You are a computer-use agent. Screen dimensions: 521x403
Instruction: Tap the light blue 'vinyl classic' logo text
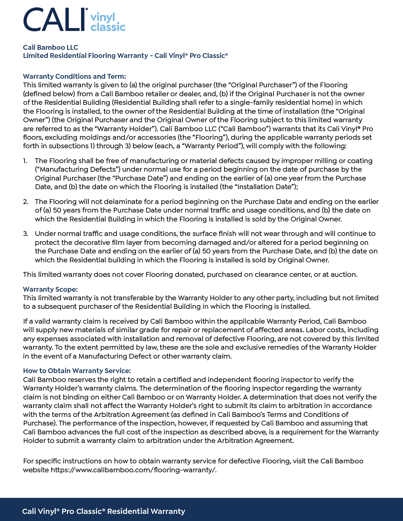(x=108, y=22)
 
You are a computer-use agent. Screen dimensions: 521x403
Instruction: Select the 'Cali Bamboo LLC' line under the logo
(x=51, y=47)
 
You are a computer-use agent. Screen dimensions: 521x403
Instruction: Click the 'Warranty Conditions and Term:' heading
(x=74, y=76)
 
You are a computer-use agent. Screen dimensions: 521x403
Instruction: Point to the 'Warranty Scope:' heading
(x=50, y=289)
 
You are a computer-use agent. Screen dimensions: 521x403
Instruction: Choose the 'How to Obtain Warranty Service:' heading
(x=77, y=370)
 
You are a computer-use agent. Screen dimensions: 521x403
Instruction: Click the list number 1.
(x=25, y=161)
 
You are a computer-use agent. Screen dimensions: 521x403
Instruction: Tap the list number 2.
(x=25, y=202)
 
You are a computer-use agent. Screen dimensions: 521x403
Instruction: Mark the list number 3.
(x=25, y=234)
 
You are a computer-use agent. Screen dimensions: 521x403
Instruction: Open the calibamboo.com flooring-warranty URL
(x=133, y=470)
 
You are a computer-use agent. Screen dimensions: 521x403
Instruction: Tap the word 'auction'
(x=343, y=275)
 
